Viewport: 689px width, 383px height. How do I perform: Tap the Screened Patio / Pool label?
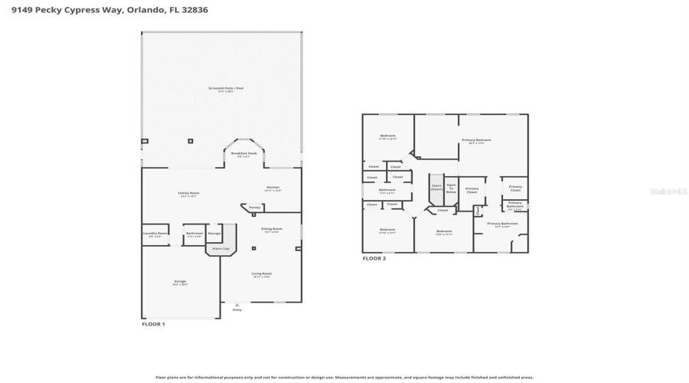[x=226, y=89]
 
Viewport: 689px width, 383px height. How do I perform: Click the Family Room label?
[x=188, y=194]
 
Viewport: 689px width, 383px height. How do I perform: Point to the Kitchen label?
[x=273, y=188]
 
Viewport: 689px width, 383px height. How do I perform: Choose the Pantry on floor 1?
[x=255, y=207]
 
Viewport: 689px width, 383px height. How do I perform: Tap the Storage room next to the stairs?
[x=214, y=234]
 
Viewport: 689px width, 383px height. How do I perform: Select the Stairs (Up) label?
[x=220, y=249]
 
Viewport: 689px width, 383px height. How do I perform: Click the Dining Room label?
[x=272, y=230]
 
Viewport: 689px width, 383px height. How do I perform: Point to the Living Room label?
[x=262, y=274]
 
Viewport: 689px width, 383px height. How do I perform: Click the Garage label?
[x=180, y=283]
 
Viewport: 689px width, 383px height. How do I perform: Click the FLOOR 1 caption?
[x=153, y=325]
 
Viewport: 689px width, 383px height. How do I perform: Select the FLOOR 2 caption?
[x=374, y=259]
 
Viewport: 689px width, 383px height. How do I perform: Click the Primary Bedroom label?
[x=476, y=141]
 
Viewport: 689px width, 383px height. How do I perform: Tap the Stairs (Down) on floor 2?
[x=436, y=186]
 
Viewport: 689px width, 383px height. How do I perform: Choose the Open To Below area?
[x=452, y=188]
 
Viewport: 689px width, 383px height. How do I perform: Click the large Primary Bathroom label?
[x=501, y=224]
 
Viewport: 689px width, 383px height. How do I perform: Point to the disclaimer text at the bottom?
[x=344, y=377]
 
